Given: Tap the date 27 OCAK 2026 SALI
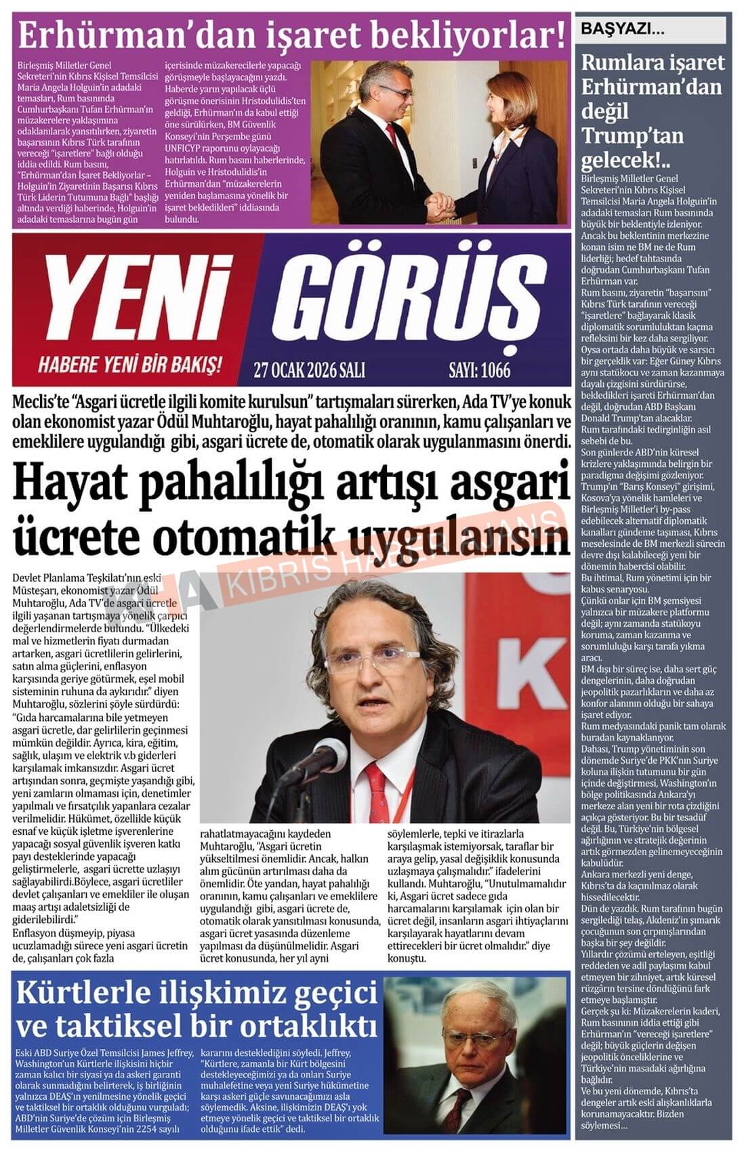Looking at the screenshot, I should pos(309,371).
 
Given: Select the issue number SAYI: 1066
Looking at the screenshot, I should pos(479,371).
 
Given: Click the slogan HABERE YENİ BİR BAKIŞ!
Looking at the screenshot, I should pos(130,367).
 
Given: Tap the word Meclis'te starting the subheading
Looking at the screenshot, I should pos(41,403).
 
